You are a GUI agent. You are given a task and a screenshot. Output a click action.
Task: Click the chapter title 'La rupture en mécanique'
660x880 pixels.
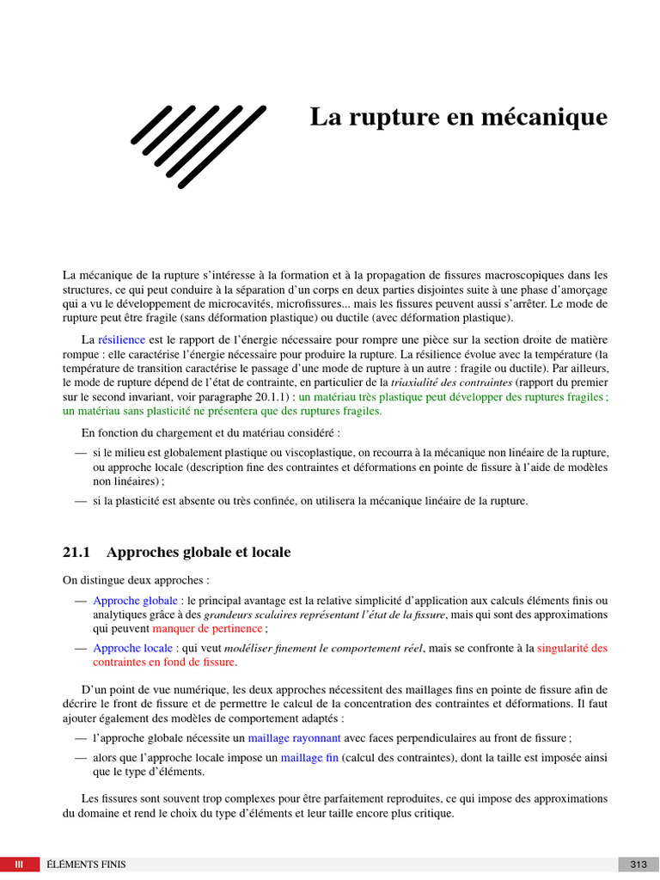click(x=458, y=117)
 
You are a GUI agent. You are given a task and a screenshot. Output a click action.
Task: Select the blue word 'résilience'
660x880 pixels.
click(x=121, y=339)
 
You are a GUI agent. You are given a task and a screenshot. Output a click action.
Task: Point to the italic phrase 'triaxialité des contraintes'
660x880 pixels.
click(x=451, y=382)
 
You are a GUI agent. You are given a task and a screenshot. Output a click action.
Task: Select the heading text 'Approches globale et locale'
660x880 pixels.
click(x=198, y=552)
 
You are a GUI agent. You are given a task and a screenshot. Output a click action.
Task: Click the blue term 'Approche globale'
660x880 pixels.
click(x=135, y=600)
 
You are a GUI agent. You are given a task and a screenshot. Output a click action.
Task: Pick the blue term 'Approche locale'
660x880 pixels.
click(x=132, y=648)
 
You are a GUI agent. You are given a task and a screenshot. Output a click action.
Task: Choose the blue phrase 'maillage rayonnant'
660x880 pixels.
click(x=294, y=737)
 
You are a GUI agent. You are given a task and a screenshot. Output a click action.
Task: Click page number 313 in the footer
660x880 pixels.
click(x=639, y=864)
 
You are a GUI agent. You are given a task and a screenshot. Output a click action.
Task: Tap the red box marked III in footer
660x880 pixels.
click(x=19, y=864)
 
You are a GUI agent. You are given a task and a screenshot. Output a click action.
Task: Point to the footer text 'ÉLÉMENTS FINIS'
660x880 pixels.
click(x=88, y=864)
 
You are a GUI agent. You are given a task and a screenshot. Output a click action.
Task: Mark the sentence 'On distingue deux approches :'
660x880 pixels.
click(x=136, y=580)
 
